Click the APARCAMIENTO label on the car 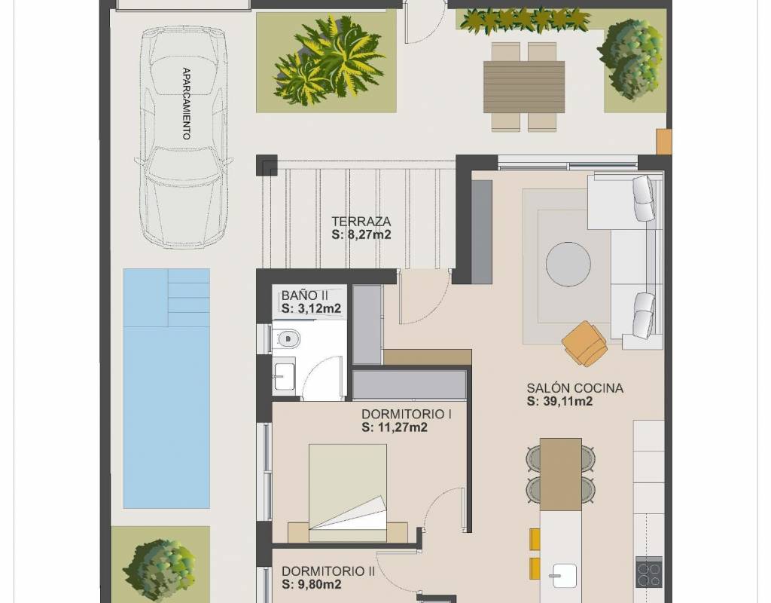click(187, 104)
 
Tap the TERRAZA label click(361, 222)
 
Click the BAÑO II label click(304, 295)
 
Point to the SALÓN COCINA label click(575, 388)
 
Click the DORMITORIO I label click(407, 414)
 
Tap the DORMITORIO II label click(328, 571)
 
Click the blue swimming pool click(166, 388)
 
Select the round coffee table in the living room click(568, 264)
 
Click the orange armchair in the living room click(584, 343)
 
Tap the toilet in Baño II click(286, 338)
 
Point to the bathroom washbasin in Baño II click(284, 377)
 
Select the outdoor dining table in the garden click(524, 87)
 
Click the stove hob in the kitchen click(649, 571)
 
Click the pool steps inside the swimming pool click(189, 297)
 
